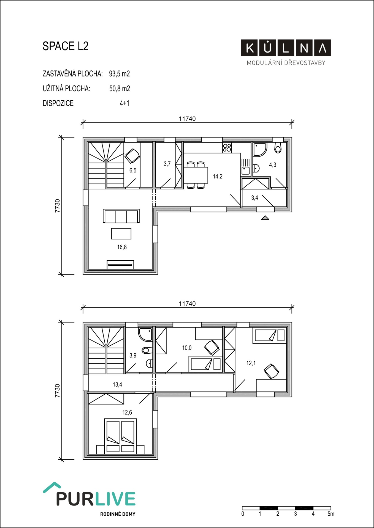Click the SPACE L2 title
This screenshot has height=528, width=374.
click(66, 46)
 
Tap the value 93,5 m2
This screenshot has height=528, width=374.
click(119, 74)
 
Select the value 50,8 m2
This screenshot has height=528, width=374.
click(120, 89)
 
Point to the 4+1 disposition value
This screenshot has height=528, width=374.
click(124, 103)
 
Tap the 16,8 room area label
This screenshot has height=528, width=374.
click(122, 247)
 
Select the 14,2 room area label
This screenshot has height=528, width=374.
click(218, 176)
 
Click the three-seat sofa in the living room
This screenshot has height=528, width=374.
click(121, 216)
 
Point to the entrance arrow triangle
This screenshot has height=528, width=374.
click(265, 218)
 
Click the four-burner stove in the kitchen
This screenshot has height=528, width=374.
click(227, 147)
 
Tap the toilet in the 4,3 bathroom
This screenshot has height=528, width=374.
click(278, 148)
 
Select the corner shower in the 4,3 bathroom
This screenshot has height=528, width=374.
click(259, 149)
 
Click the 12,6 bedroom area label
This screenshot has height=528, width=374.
click(127, 412)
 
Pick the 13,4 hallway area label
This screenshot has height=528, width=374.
click(117, 384)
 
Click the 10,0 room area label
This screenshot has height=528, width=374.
click(187, 348)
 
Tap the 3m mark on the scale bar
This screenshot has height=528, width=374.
click(296, 514)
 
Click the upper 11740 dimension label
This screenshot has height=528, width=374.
click(187, 119)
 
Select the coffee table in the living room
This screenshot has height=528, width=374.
click(121, 234)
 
